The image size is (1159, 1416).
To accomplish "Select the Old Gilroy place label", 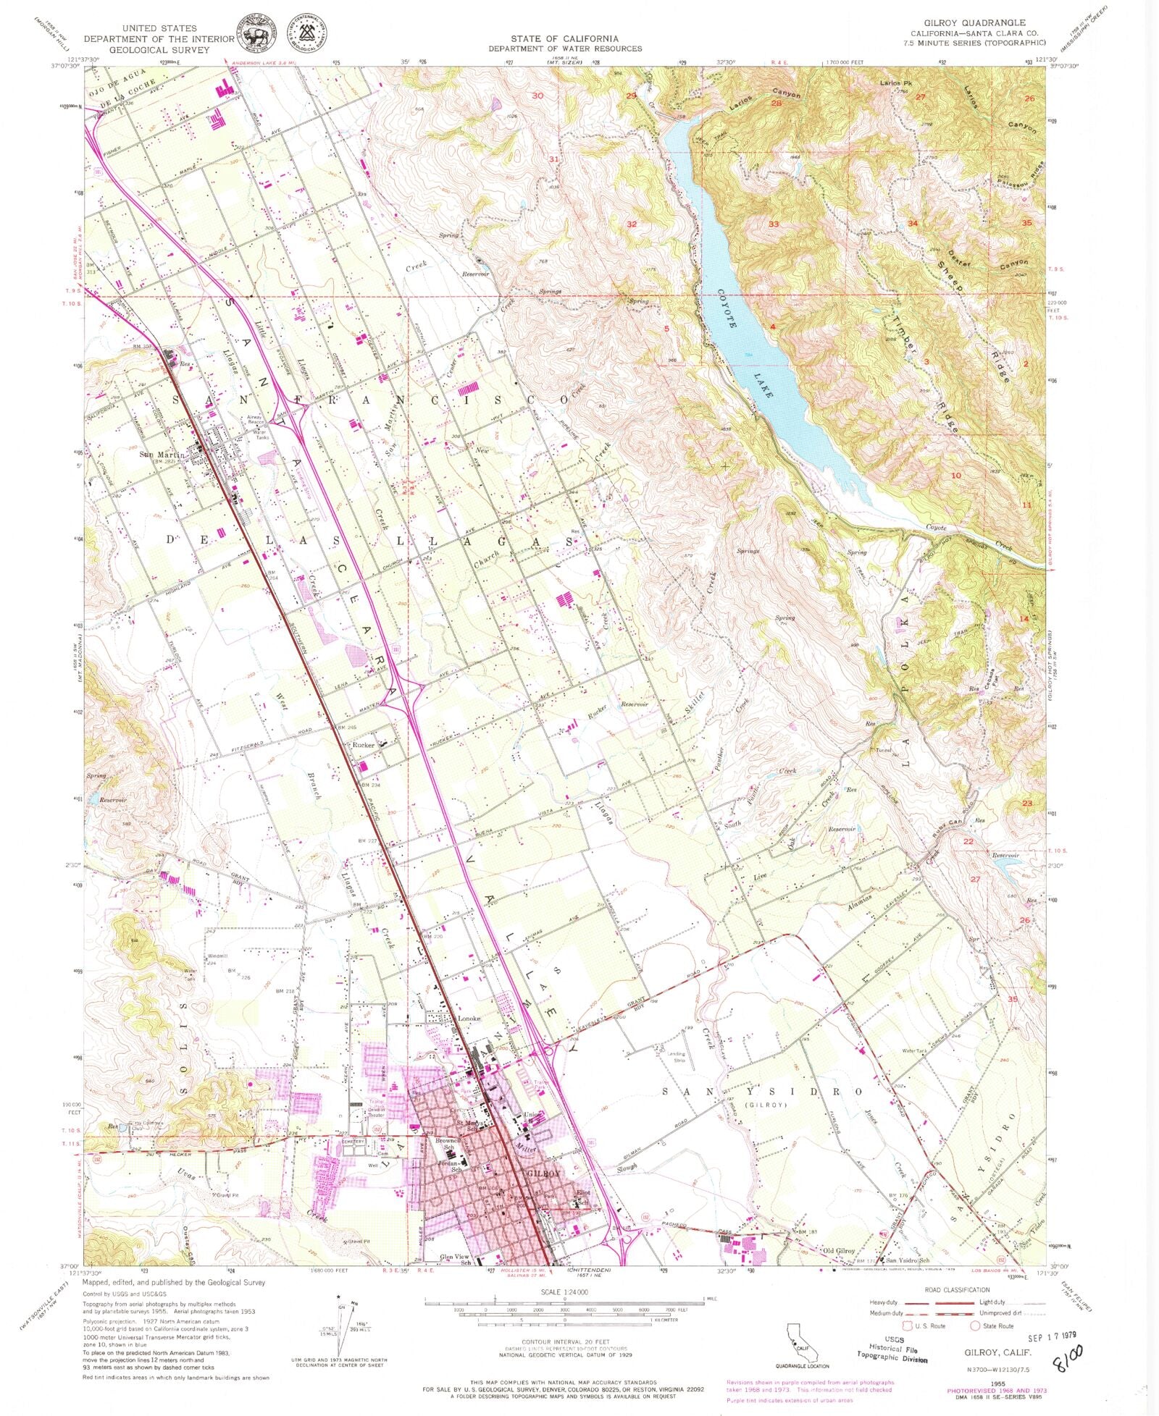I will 839,1250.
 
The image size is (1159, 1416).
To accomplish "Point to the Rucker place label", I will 362,745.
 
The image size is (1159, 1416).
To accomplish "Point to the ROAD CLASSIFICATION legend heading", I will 957,1290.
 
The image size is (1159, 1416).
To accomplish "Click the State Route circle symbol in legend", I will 976,1326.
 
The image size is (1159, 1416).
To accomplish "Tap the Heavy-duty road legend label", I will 882,1302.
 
